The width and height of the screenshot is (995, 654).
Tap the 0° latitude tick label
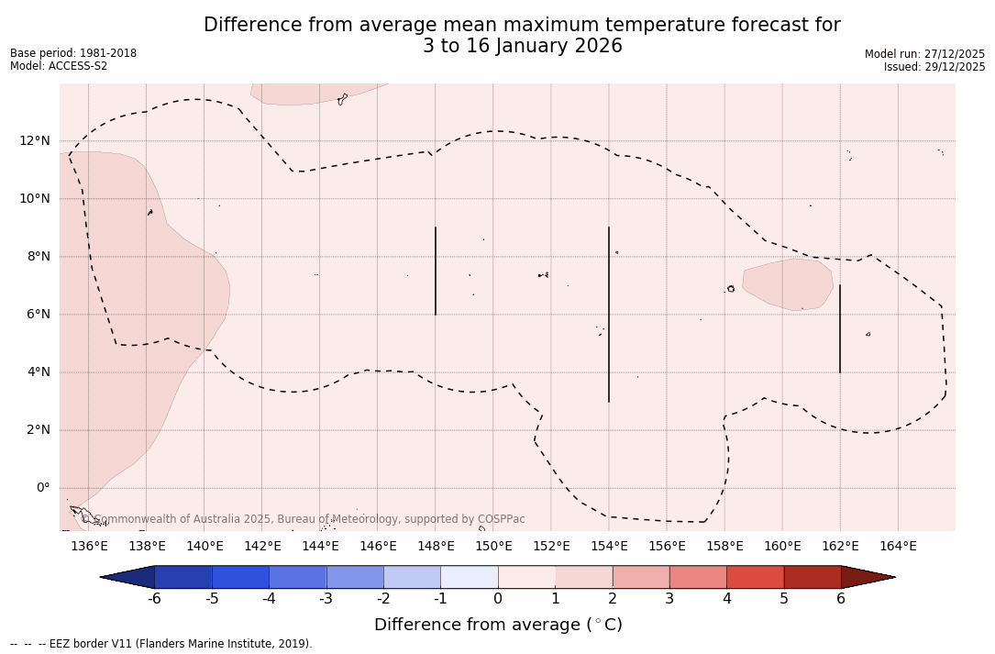coord(42,487)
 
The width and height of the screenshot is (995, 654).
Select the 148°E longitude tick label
coord(436,547)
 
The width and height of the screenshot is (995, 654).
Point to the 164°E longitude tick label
coord(898,547)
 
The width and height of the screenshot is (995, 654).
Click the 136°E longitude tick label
coord(89,547)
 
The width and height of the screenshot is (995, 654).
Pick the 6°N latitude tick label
coord(39,314)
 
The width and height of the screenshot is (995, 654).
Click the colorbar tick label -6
coord(154,599)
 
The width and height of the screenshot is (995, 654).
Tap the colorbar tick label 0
coord(498,599)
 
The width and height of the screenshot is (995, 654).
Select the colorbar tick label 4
coord(726,599)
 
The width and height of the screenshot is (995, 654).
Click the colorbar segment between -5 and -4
coord(240,577)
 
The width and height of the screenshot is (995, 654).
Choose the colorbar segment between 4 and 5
coord(755,577)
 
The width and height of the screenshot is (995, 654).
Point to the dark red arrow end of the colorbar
coord(867,577)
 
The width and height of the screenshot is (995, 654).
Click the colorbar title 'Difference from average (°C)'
coord(498,625)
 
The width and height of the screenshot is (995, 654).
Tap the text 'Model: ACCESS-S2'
coord(59,66)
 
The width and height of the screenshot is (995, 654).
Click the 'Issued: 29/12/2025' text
coord(934,67)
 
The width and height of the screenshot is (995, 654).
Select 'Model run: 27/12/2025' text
coord(924,54)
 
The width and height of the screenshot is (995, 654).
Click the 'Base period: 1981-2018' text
coord(73,53)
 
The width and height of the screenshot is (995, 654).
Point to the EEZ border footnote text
coord(161,644)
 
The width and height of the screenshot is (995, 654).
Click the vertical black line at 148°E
coord(436,271)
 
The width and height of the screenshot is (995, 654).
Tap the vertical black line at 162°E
coord(840,328)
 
